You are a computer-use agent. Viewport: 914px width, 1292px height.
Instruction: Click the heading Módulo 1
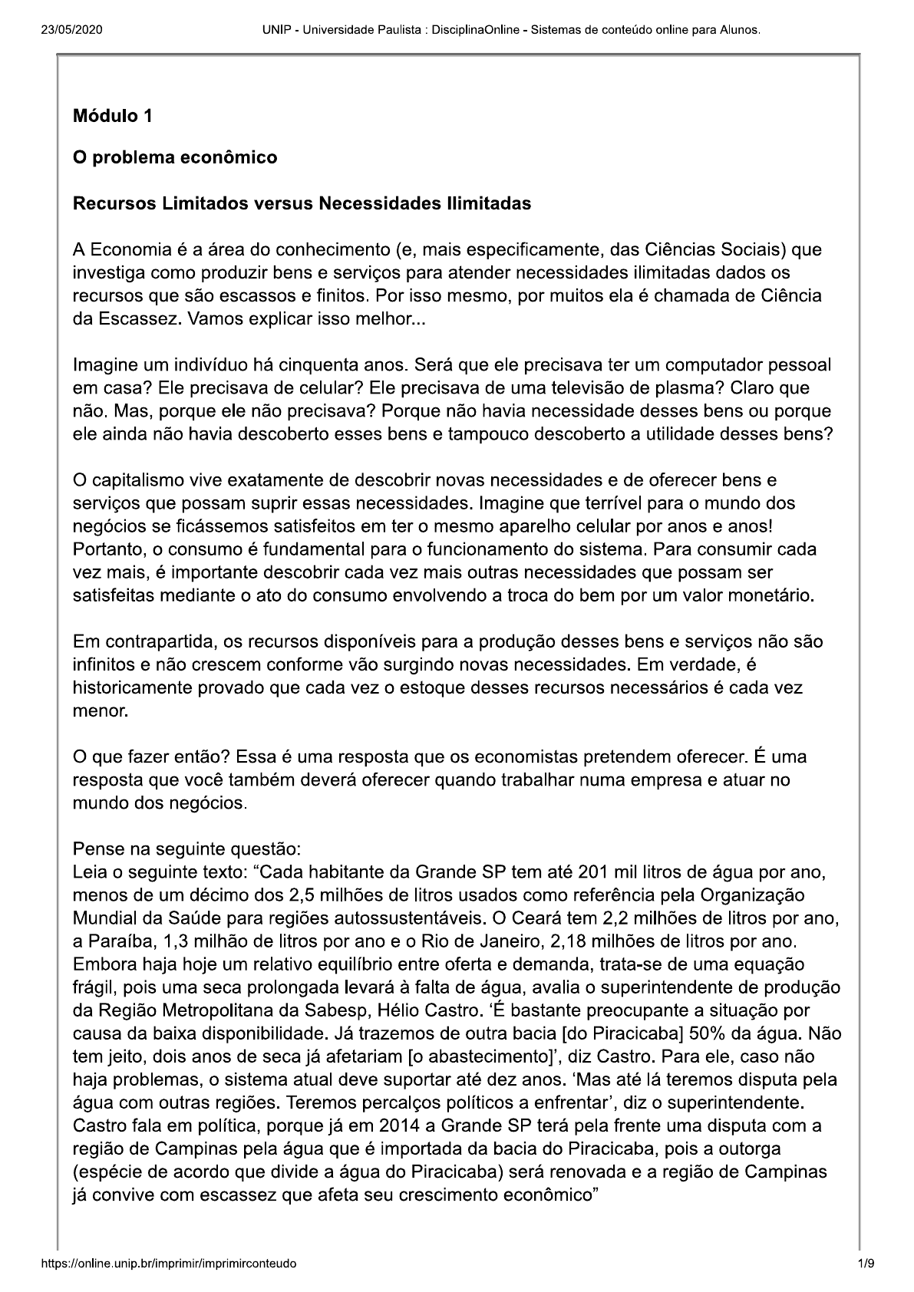pos(112,117)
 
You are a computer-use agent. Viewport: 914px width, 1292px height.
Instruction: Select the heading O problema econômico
pos(174,158)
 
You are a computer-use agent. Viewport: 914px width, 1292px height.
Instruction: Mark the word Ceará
pos(676,918)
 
